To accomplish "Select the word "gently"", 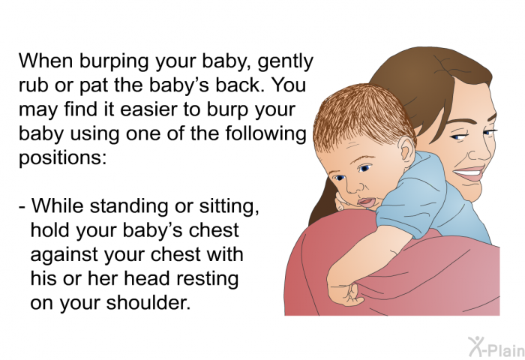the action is click(285, 62).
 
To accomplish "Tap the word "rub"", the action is click(31, 85).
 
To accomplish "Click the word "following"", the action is click(265, 134).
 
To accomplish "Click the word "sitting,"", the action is click(229, 206).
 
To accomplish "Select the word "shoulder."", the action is click(148, 302).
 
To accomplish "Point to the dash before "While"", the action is click(22, 207).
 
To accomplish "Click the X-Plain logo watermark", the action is click(496, 346).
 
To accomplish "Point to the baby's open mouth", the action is click(367, 202).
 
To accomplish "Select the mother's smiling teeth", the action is click(469, 173).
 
